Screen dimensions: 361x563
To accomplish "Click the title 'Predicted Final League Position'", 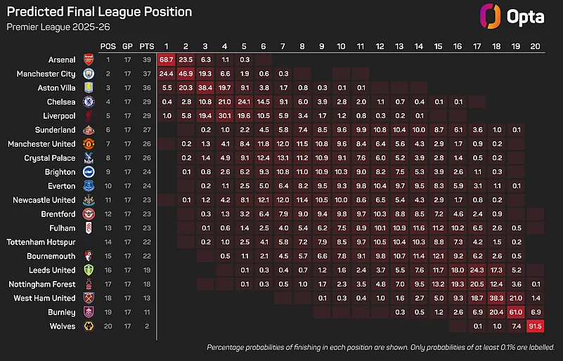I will coord(98,12).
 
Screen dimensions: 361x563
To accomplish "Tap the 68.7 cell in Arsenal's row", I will coord(167,59).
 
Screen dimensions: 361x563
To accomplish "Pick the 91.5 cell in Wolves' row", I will coord(535,326).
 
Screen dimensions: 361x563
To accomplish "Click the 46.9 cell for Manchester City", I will coord(186,73).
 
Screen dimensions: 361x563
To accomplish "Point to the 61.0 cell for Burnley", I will coord(515,312).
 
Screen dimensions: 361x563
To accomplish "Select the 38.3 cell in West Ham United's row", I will coord(496,298).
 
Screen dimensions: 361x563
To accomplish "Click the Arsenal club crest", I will coord(89,59).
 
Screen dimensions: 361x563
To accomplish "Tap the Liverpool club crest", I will coord(89,115).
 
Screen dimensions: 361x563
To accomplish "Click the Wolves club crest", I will coord(89,326).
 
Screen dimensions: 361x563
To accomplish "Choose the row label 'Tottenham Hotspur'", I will coord(41,242).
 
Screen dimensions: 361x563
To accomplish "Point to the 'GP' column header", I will coord(127,45).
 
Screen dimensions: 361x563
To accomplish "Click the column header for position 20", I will coord(535,45).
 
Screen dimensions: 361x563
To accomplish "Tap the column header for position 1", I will coord(167,45).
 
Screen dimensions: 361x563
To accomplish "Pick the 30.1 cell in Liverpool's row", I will coord(225,115).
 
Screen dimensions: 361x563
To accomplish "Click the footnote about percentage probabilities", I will coord(380,348).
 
